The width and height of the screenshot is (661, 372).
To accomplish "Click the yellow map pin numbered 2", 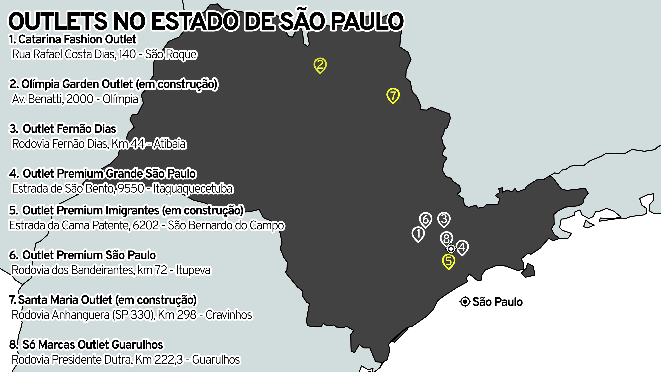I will (320, 65).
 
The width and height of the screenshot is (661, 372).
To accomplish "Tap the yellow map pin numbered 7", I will (393, 95).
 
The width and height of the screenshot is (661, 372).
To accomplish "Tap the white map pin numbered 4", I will (462, 247).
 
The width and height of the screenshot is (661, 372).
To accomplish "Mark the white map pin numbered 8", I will (446, 238).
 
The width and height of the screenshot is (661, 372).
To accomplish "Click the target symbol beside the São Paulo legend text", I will (465, 302).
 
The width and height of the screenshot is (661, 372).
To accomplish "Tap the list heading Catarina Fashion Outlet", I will (77, 39).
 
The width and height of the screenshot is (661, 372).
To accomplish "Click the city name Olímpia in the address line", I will (120, 99).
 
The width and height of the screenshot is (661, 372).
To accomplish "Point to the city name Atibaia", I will (169, 144).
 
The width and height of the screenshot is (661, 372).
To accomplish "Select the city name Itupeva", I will (193, 270).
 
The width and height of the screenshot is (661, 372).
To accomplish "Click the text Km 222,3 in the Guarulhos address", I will (159, 359).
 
